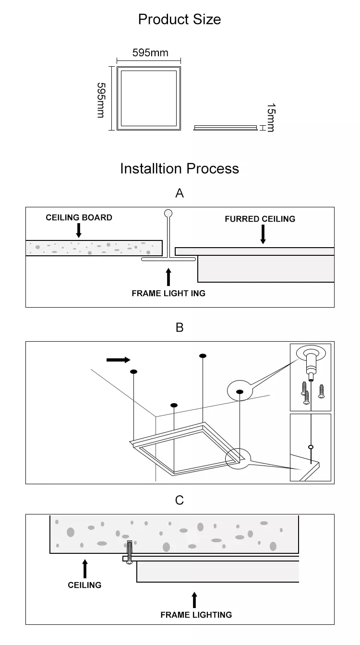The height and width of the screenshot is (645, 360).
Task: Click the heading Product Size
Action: [180, 19]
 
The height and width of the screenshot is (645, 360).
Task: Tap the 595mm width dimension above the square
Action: [150, 53]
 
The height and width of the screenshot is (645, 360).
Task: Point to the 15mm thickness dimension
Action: [271, 118]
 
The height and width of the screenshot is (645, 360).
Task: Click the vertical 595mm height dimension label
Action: [101, 100]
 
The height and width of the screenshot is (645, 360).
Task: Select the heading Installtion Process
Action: [180, 168]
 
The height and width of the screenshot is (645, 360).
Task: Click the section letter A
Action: [180, 193]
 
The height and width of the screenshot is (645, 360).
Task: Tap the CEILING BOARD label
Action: [79, 217]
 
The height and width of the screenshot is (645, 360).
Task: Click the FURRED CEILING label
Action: [260, 219]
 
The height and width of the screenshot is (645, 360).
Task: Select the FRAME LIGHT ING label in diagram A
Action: [168, 293]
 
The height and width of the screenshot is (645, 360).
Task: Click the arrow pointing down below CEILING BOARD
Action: [79, 230]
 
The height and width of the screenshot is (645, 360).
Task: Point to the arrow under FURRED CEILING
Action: [263, 234]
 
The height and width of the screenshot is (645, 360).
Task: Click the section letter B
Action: [180, 327]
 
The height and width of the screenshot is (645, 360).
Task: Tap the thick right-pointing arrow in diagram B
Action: [118, 359]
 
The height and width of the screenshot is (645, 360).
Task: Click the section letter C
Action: [180, 500]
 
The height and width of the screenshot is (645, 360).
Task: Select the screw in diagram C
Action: [129, 552]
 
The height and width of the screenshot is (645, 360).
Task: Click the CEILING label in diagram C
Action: [84, 585]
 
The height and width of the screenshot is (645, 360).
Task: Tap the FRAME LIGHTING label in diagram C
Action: [196, 614]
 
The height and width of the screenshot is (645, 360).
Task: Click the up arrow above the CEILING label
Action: [84, 569]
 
